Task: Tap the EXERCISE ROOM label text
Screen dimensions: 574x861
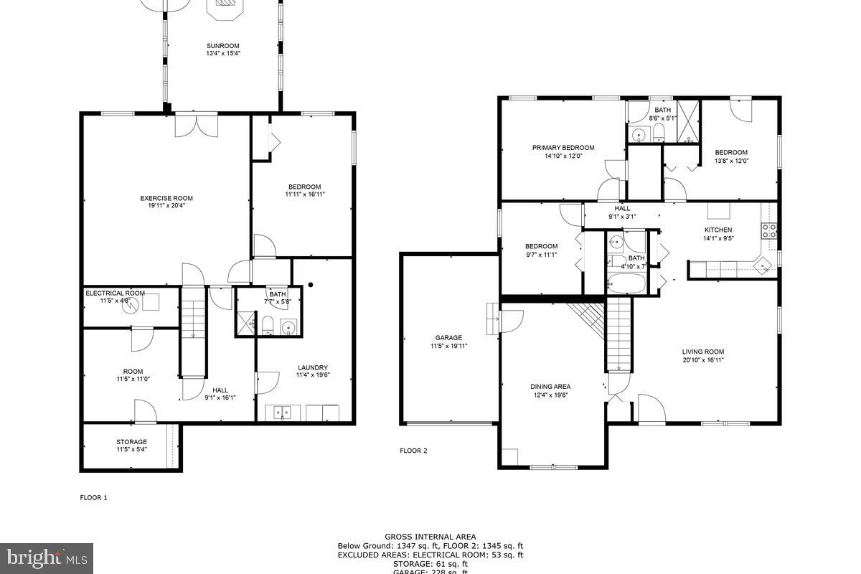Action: coord(166,198)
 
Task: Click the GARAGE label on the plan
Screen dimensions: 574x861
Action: coord(448,337)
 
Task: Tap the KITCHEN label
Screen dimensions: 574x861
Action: coord(717,230)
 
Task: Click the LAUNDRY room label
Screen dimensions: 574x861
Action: coord(312,367)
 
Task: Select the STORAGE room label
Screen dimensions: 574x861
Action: coord(132,442)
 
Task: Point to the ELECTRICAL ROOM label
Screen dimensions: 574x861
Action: coord(115,293)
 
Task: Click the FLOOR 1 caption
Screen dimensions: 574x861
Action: coord(93,497)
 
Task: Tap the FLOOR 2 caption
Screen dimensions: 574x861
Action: coord(413,451)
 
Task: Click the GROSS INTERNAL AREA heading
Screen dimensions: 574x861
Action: coord(430,537)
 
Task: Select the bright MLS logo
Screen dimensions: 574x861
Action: coord(47,556)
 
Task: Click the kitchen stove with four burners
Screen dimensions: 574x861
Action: coord(768,230)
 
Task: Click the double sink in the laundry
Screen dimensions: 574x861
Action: coord(283,413)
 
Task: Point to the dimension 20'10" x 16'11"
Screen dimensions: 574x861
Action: coord(702,360)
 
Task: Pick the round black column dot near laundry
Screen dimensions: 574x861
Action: coord(310,284)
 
